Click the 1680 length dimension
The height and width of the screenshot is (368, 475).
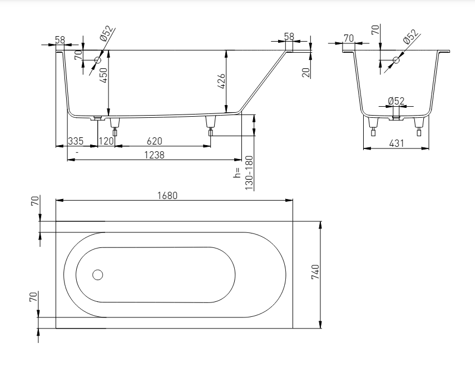coord(167,196)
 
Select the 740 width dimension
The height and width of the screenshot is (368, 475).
coord(315,272)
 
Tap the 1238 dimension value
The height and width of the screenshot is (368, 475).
coord(154,155)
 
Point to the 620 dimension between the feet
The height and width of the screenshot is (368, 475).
coord(155,141)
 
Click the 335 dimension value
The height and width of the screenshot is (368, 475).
coord(76,141)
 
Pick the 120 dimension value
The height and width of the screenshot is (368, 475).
coord(106,141)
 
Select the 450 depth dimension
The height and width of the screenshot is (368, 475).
coord(103,76)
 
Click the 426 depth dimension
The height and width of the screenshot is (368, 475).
coord(221,81)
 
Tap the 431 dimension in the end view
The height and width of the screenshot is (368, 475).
coord(397,143)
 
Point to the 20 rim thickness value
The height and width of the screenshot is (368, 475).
coord(306,73)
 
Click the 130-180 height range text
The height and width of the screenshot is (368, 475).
coord(249,173)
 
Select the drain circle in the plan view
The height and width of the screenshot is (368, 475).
coord(97,275)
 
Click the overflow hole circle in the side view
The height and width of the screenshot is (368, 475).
coord(97,60)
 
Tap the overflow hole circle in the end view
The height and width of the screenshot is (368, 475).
coord(396,60)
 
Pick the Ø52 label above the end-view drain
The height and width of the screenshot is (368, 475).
coord(396,101)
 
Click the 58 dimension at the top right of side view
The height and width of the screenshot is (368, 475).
coord(289,37)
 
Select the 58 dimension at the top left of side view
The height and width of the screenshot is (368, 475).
coord(60,40)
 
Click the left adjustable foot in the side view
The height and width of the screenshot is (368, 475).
coord(115,126)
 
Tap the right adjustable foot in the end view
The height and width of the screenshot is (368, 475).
coord(419,127)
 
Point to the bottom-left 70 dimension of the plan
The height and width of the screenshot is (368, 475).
coord(33,296)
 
